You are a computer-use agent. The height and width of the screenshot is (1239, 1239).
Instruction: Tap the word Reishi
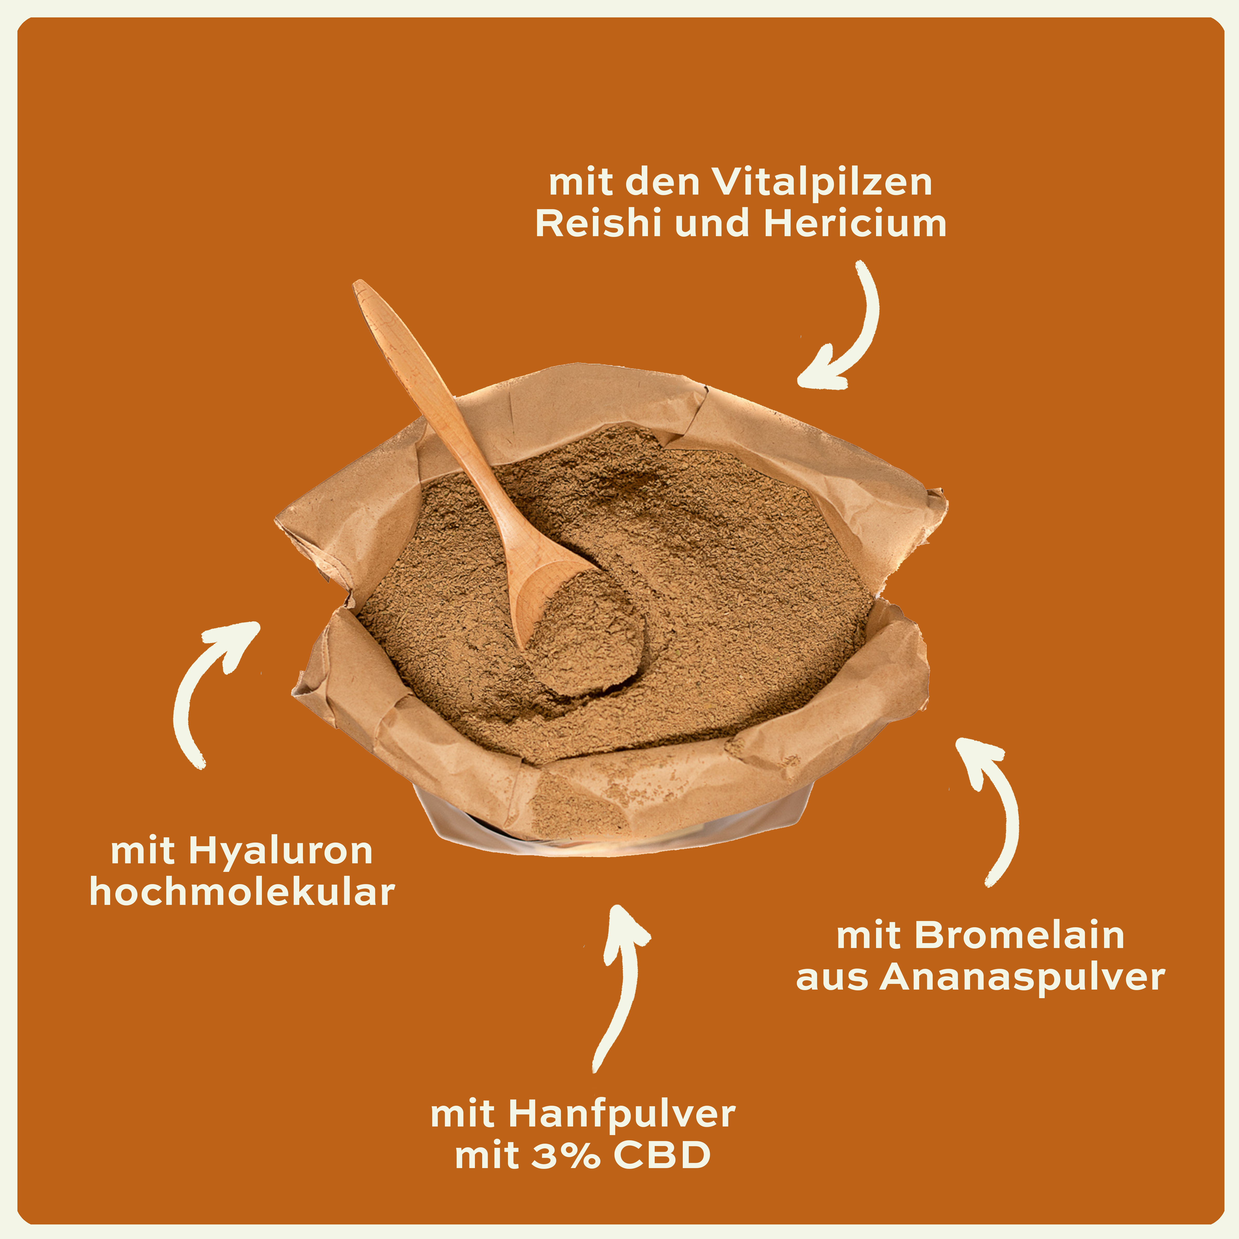[589, 224]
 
